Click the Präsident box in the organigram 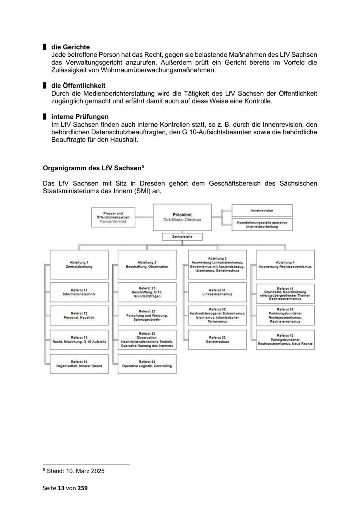pyautogui.click(x=182, y=217)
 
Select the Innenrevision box pyautogui.click(x=262, y=210)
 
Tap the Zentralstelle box pyautogui.click(x=182, y=237)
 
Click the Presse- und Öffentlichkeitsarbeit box pyautogui.click(x=113, y=217)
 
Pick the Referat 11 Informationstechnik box pyautogui.click(x=79, y=292)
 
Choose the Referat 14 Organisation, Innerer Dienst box pyautogui.click(x=79, y=363)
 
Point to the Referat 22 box pyautogui.click(x=147, y=315)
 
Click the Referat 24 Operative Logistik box pyautogui.click(x=147, y=363)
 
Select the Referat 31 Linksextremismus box pyautogui.click(x=217, y=292)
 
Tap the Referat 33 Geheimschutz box pyautogui.click(x=217, y=339)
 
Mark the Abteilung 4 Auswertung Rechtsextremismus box pyautogui.click(x=285, y=264)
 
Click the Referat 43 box pyautogui.click(x=285, y=339)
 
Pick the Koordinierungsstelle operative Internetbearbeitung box pyautogui.click(x=262, y=224)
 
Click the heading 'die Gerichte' pyautogui.click(x=70, y=47)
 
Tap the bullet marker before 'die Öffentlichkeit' pyautogui.click(x=45, y=86)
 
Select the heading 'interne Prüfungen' pyautogui.click(x=80, y=117)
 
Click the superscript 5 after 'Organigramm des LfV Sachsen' pyautogui.click(x=143, y=166)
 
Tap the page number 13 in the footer pyautogui.click(x=61, y=488)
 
